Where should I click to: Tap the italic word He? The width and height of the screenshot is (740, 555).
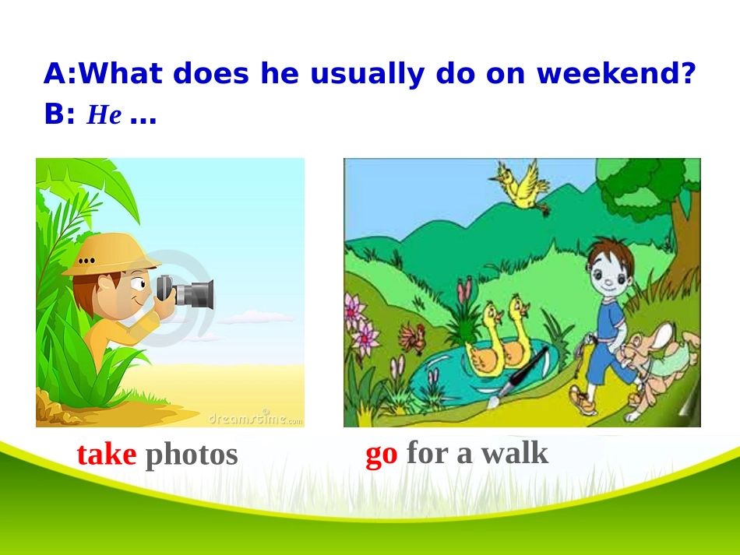click(104, 114)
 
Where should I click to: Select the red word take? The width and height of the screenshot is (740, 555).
click(107, 455)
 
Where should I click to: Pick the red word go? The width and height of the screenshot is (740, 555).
click(382, 455)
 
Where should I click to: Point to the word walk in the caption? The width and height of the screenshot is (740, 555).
click(514, 453)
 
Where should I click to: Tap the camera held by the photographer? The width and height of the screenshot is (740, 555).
click(185, 293)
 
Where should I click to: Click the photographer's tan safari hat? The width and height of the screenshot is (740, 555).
click(111, 255)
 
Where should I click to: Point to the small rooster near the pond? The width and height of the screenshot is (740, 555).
click(412, 338)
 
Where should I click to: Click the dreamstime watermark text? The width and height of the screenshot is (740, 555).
click(255, 418)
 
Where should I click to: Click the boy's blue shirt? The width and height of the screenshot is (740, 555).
click(612, 321)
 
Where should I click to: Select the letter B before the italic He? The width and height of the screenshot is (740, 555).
click(53, 114)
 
